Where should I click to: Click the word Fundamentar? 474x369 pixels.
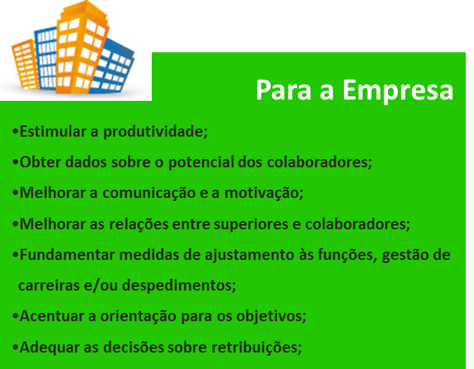65,254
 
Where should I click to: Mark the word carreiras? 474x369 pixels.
49,285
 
